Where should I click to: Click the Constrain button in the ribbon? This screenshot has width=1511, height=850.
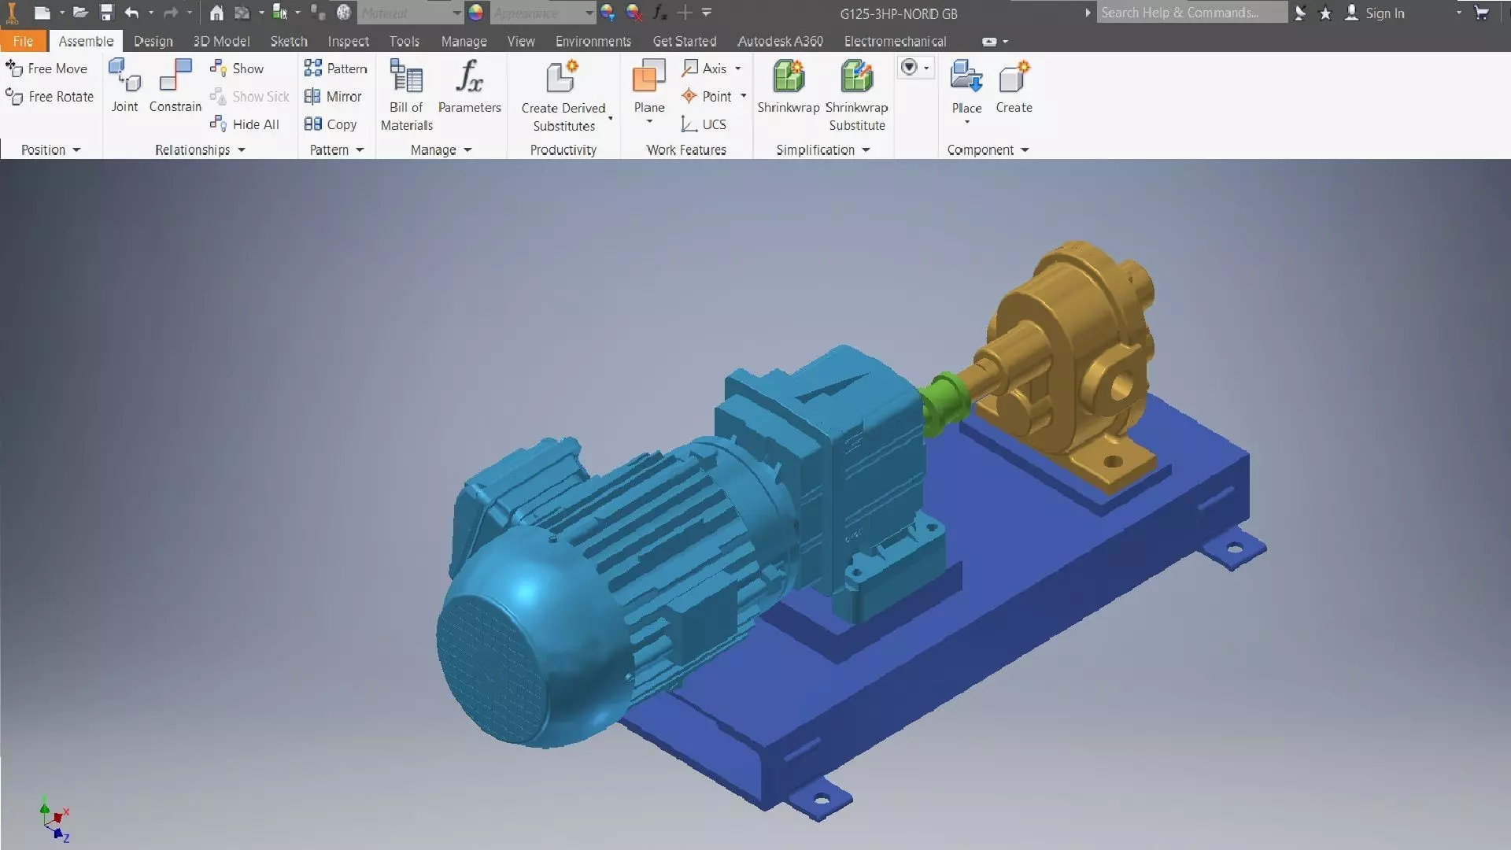click(175, 86)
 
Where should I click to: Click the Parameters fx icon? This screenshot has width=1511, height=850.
click(469, 77)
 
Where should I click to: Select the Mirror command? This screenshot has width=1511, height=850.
click(334, 96)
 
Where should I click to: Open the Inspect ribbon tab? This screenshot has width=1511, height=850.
click(348, 41)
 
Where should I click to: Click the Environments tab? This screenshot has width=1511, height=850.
click(593, 41)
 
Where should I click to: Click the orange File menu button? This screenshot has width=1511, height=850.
click(23, 41)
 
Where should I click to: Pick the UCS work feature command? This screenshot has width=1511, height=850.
click(704, 124)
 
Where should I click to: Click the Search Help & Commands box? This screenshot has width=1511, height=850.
click(1190, 13)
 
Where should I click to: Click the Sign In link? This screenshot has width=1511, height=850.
click(1384, 13)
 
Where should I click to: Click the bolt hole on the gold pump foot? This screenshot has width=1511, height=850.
click(1113, 461)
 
